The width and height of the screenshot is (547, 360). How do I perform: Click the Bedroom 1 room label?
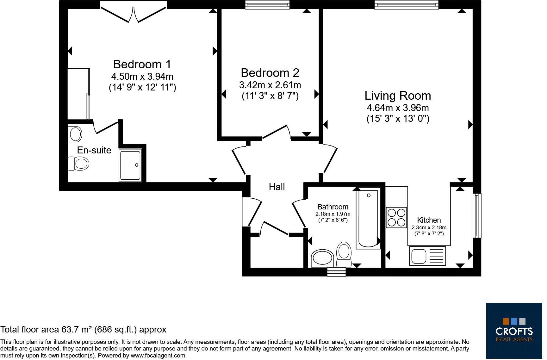point(142,64)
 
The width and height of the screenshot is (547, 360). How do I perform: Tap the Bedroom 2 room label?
point(270,73)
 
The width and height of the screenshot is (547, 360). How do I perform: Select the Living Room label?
point(398,96)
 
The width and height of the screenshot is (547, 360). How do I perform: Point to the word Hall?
point(277,187)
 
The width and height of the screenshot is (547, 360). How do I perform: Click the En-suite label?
point(94,150)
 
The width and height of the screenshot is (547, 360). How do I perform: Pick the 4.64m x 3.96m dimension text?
point(398,108)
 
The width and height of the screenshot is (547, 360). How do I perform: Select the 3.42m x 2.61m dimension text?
point(270,85)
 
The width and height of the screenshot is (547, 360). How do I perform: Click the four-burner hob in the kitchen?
point(396,217)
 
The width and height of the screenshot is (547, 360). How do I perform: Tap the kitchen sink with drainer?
point(427,256)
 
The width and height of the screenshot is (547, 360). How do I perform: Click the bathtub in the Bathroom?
point(368,219)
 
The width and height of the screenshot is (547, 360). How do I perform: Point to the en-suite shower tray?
point(131,165)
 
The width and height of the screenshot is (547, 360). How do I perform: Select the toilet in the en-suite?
point(78,164)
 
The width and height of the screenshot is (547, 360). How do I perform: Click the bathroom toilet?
point(344,254)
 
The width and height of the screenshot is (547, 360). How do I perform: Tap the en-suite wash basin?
point(75,134)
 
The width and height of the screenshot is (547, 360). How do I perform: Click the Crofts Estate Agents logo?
point(514,331)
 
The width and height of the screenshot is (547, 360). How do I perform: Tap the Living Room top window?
point(407,5)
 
